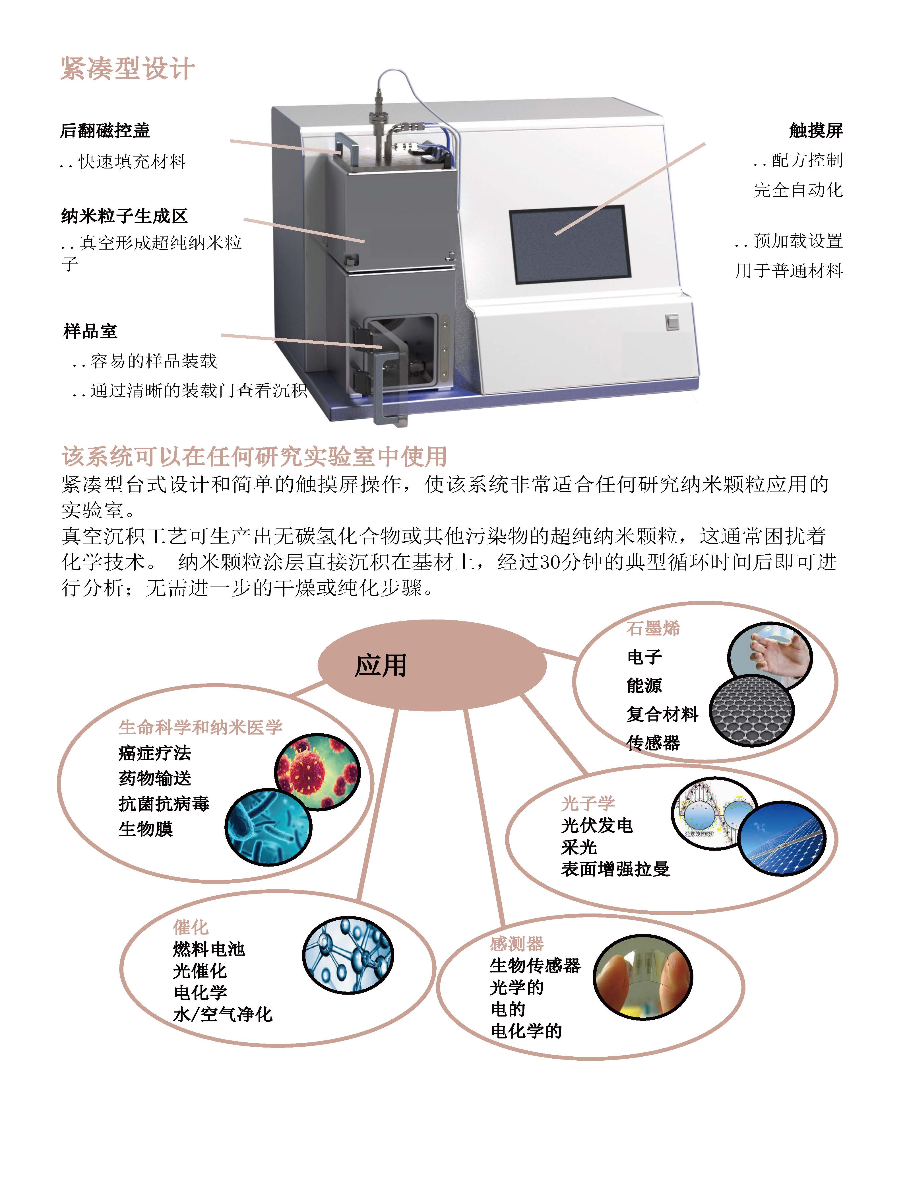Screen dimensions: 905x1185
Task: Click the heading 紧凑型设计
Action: click(127, 68)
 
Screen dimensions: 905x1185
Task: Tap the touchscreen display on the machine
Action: click(570, 245)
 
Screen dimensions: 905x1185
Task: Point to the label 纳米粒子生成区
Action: click(125, 216)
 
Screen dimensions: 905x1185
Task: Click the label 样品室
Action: click(90, 331)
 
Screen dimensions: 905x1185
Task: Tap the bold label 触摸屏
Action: click(816, 130)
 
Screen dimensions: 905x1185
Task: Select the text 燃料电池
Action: click(209, 949)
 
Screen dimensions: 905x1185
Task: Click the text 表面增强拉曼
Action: click(615, 869)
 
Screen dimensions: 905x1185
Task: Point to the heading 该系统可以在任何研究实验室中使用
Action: click(254, 456)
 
